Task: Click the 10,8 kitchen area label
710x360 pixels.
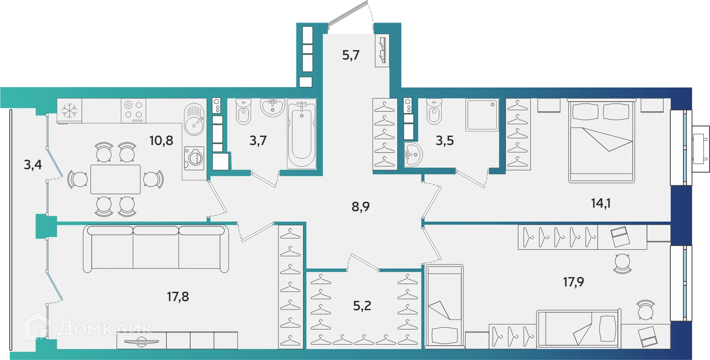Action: click(x=161, y=141)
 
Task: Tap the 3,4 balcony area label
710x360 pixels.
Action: click(x=33, y=164)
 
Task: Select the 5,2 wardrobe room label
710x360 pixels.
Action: click(x=362, y=306)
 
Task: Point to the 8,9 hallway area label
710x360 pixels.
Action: click(x=361, y=207)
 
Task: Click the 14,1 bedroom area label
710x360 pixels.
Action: click(x=601, y=203)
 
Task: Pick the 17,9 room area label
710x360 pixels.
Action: click(x=574, y=282)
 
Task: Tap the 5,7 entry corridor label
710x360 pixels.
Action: click(x=351, y=55)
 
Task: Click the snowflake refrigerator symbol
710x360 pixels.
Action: click(x=69, y=111)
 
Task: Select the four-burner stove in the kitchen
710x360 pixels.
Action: click(x=133, y=111)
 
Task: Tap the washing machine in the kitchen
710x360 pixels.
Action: click(x=194, y=159)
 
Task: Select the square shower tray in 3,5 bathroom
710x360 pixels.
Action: click(x=482, y=115)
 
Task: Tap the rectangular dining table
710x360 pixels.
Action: click(x=115, y=179)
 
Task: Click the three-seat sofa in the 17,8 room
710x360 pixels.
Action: click(x=156, y=248)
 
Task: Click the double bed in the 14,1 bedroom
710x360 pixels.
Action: click(x=601, y=141)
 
